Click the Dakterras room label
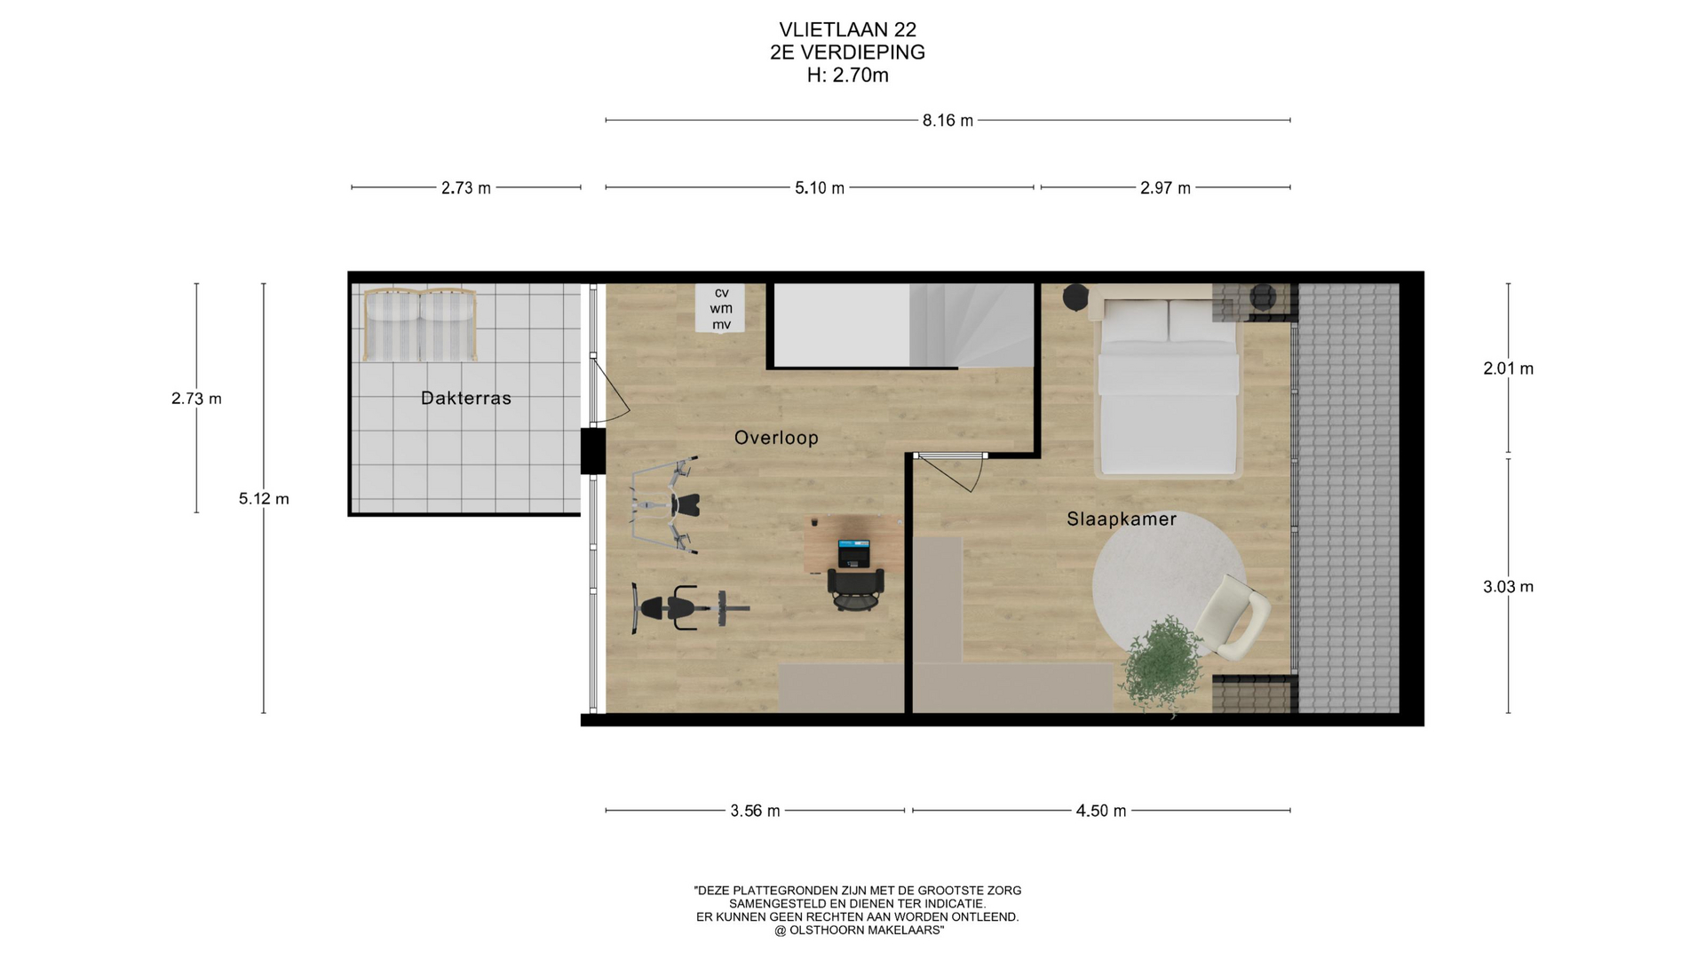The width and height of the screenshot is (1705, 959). pos(466,399)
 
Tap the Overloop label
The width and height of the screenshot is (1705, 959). pos(776,438)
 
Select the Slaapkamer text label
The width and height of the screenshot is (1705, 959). pos(1122,519)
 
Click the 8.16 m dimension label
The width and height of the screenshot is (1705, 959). pos(948,121)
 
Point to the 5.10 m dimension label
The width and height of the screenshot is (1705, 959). pos(820,188)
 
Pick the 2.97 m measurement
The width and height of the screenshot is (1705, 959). pos(1165,188)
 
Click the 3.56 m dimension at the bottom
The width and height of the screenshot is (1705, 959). pos(756,811)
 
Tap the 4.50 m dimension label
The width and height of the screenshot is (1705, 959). pos(1101,811)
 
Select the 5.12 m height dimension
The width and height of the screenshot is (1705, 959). pos(264,499)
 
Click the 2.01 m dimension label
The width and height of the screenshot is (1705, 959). pos(1508,369)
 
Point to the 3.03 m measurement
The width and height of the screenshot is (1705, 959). pos(1508,587)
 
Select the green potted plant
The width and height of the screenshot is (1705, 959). pos(1161,663)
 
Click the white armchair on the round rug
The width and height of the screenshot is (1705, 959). pos(1233,616)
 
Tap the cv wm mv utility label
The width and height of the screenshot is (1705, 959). pos(721,309)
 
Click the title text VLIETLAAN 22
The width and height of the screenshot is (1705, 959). pos(848,30)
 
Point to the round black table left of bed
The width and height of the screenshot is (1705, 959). pos(1075,297)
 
